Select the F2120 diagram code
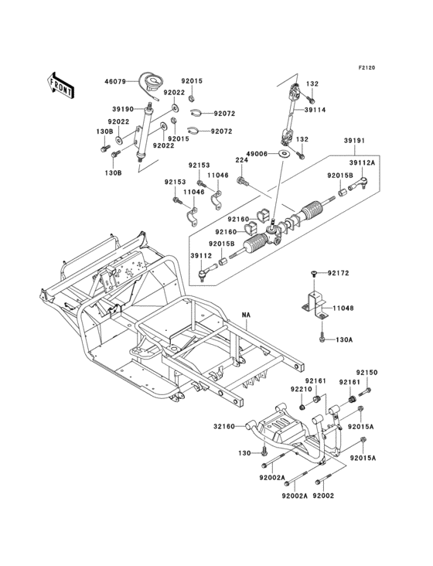click(367, 67)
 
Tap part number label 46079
click(115, 82)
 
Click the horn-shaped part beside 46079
click(152, 84)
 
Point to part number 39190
click(123, 109)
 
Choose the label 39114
click(315, 110)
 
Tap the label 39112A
click(363, 163)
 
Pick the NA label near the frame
click(246, 315)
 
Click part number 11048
click(343, 309)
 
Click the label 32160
click(224, 427)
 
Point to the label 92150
click(367, 373)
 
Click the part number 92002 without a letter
click(323, 496)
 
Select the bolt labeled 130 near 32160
click(264, 451)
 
